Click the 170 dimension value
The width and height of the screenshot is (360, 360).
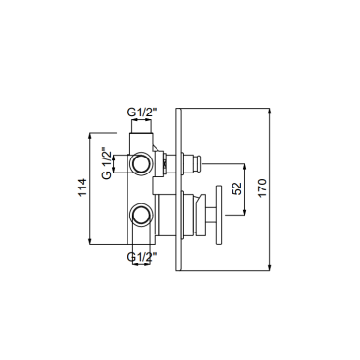262,187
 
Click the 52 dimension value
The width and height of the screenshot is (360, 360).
238,188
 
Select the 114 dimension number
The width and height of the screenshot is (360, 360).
82,187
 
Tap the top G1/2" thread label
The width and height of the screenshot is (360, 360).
142,112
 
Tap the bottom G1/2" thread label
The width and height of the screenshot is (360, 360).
142,257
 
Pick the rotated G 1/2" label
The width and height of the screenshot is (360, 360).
107,163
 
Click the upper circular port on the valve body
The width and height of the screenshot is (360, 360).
142,163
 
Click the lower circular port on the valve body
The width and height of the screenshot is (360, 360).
142,215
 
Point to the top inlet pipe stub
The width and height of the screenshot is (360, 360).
142,127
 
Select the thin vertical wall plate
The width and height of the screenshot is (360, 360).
179,189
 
